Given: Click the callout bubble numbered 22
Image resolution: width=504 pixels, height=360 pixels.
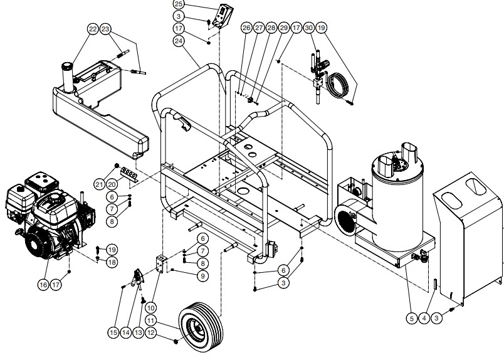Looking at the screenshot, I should click(93, 29).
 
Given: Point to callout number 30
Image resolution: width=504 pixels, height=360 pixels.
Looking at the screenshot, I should click(308, 28).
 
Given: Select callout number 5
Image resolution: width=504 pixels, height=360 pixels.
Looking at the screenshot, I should click(412, 319).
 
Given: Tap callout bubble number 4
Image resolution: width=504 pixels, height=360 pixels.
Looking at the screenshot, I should click(424, 319).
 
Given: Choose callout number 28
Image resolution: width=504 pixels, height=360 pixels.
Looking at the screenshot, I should click(271, 28).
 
